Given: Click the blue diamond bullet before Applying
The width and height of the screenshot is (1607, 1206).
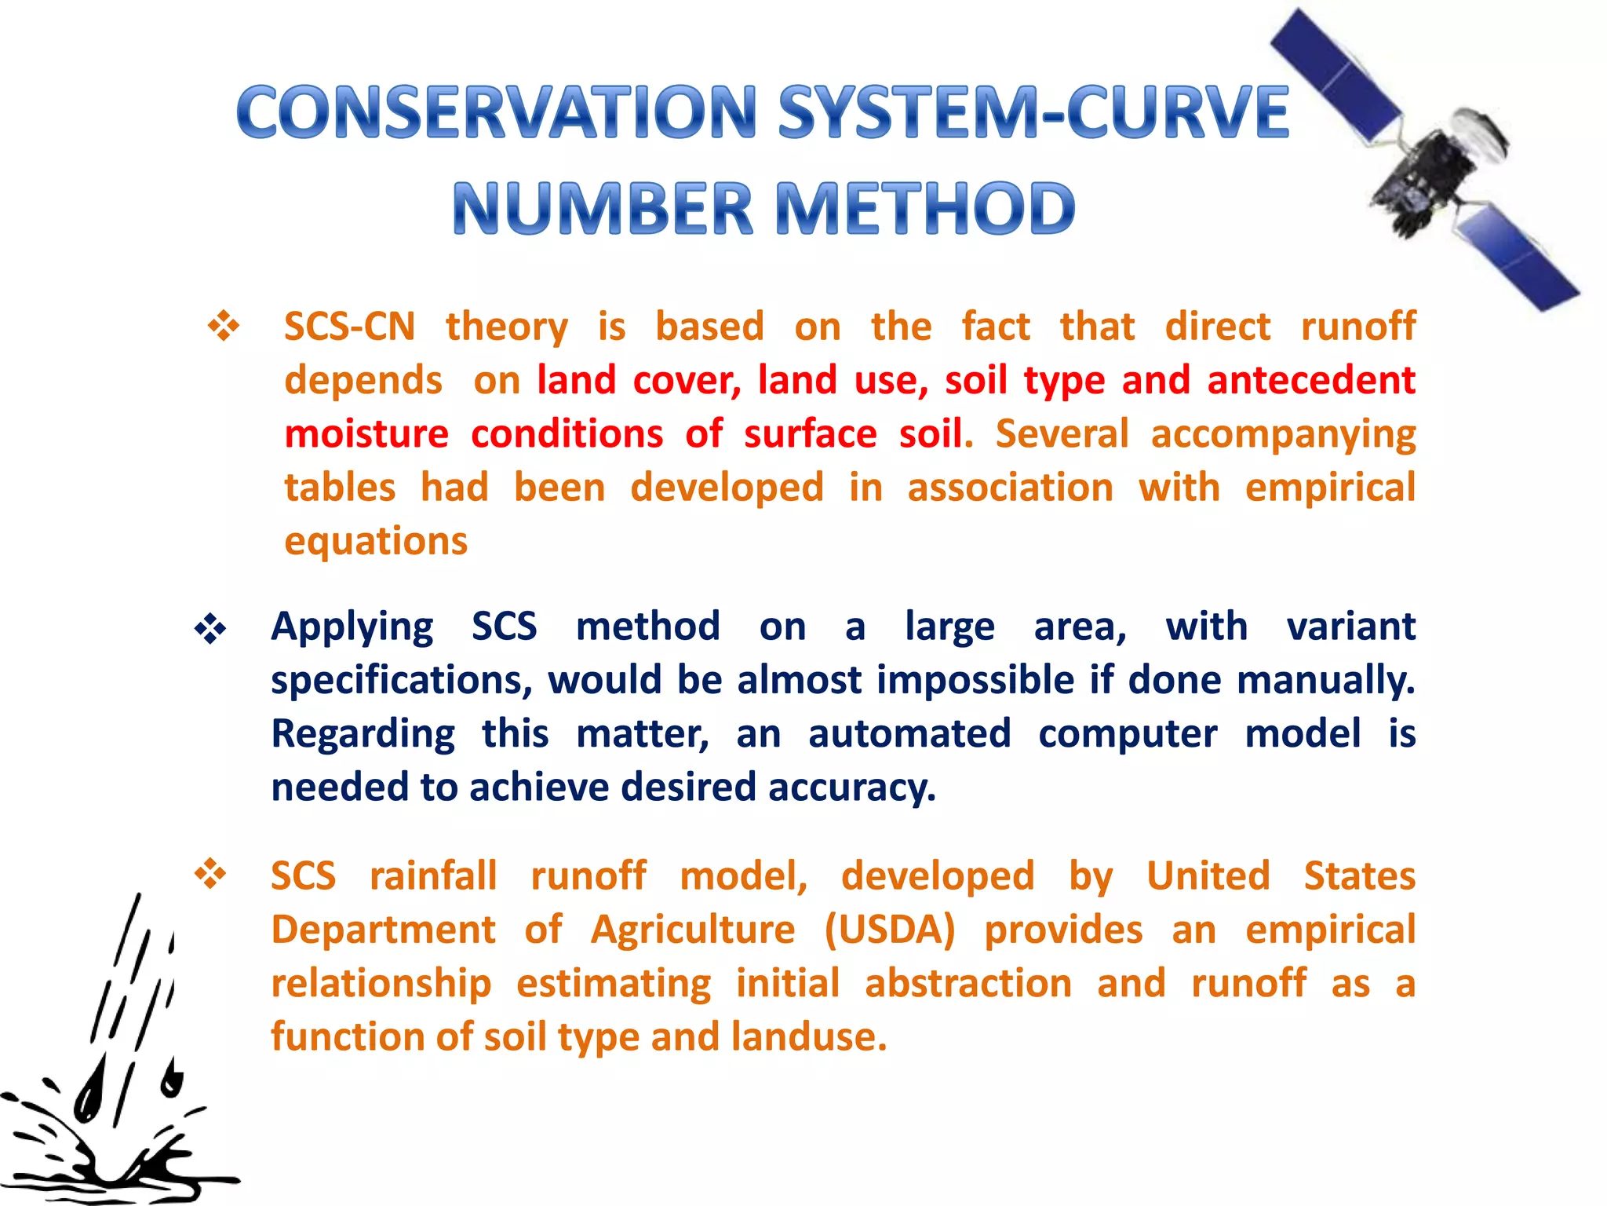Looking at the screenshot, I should (x=210, y=629).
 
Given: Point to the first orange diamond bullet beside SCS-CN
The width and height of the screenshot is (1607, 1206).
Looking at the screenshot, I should (x=224, y=326).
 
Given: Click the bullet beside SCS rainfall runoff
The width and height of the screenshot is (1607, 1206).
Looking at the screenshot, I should (x=210, y=873).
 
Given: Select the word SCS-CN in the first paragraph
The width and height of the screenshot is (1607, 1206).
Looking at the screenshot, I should (x=349, y=326).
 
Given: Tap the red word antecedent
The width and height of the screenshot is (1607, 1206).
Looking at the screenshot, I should (x=1310, y=380).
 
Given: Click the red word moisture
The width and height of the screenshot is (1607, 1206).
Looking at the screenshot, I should (x=366, y=434).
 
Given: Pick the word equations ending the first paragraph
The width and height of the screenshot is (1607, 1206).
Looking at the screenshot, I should (x=376, y=542).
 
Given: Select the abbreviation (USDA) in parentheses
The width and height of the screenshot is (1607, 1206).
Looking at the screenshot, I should (x=890, y=930).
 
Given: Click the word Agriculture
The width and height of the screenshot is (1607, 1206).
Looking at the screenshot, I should (x=693, y=930).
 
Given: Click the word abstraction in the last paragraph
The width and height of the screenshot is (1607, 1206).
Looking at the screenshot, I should (x=968, y=984).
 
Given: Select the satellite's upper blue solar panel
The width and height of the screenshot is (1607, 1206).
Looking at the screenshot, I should (x=1334, y=75).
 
